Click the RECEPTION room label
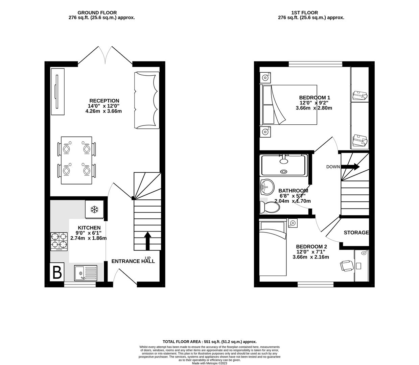click(x=104, y=101)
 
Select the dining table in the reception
click(x=76, y=160)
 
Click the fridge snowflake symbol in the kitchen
click(x=94, y=210)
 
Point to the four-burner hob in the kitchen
click(x=59, y=242)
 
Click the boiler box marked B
click(x=57, y=272)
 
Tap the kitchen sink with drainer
click(x=85, y=273)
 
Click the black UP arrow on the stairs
click(x=147, y=241)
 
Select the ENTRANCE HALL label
click(x=133, y=261)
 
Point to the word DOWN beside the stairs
click(x=333, y=167)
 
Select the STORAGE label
click(x=356, y=233)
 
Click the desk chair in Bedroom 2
click(x=347, y=266)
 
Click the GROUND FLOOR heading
click(x=97, y=13)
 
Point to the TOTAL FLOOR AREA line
click(x=210, y=342)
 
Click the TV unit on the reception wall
click(x=57, y=92)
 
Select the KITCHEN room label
click(x=89, y=228)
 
